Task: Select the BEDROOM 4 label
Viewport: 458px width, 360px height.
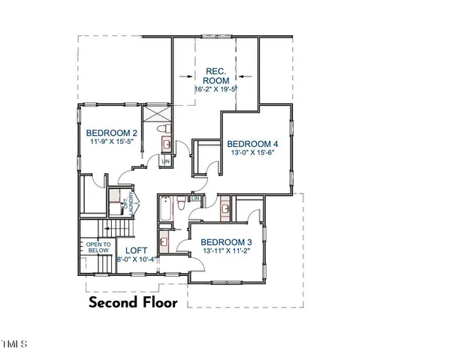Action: [252, 143]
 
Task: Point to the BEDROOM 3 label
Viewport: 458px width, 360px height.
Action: [227, 242]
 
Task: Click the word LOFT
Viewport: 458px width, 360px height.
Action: [136, 250]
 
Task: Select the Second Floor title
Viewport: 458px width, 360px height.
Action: [133, 303]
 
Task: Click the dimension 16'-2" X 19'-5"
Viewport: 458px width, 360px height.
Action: [215, 88]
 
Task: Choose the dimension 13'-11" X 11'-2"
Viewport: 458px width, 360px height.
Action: [227, 252]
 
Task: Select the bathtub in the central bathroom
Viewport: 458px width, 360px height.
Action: [164, 212]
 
